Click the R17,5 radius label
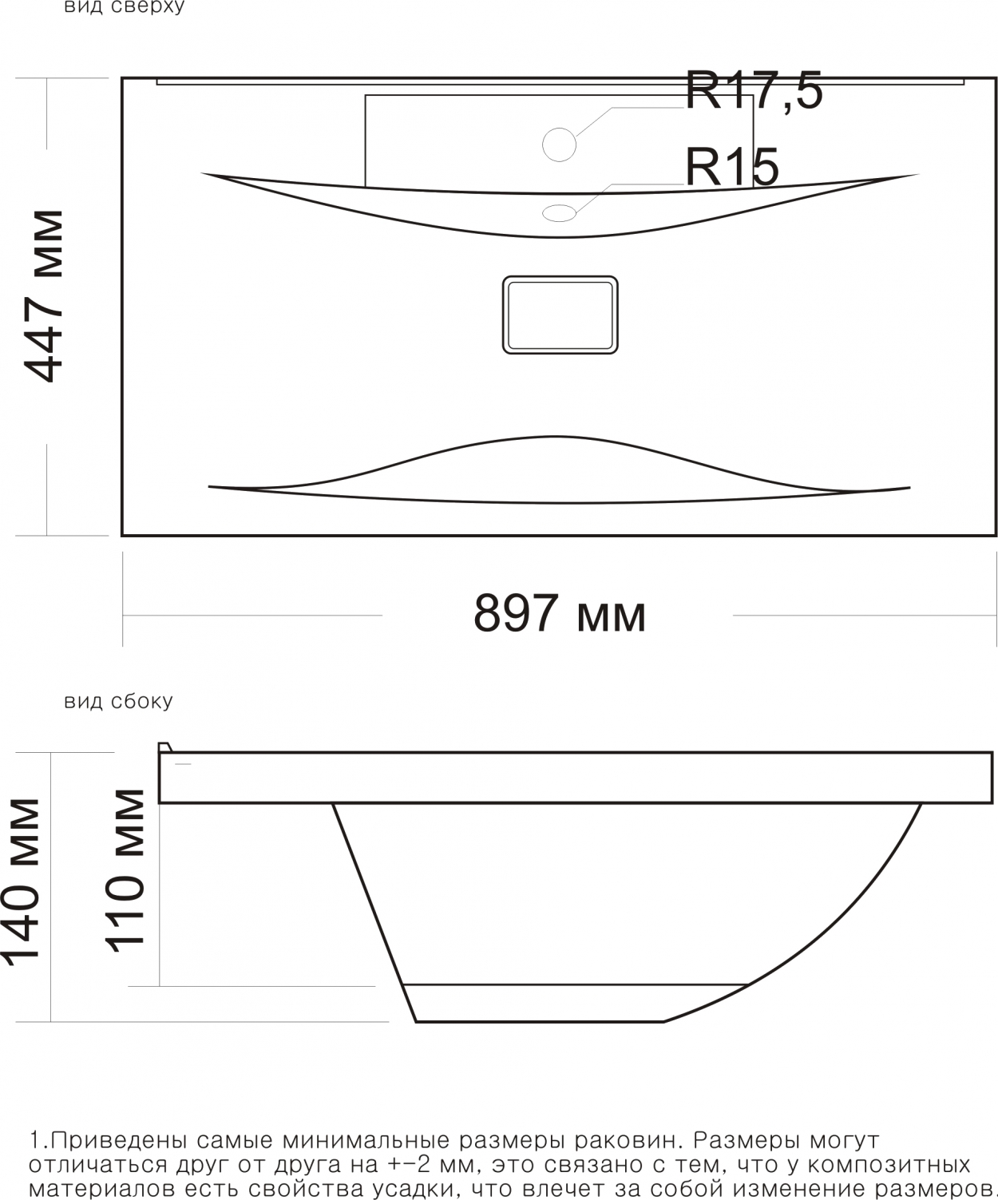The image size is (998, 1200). [x=754, y=89]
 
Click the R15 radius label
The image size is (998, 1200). [x=732, y=167]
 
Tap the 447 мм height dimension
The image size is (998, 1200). [x=44, y=296]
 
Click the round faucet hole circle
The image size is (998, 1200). [x=560, y=145]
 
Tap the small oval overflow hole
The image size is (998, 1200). [x=560, y=212]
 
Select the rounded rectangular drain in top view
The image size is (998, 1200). [x=560, y=315]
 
